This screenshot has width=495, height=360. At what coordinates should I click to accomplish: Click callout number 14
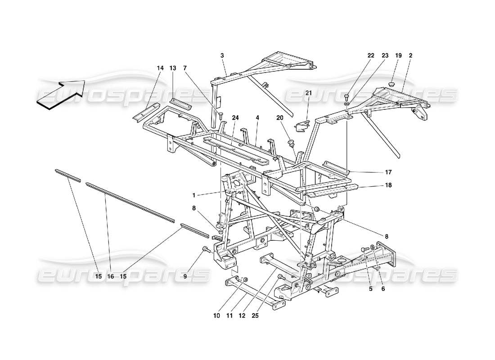160,68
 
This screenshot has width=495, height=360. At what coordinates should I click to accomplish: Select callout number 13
172,68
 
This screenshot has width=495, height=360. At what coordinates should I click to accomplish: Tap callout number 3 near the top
222,55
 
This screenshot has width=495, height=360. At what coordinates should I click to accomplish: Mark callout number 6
383,289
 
